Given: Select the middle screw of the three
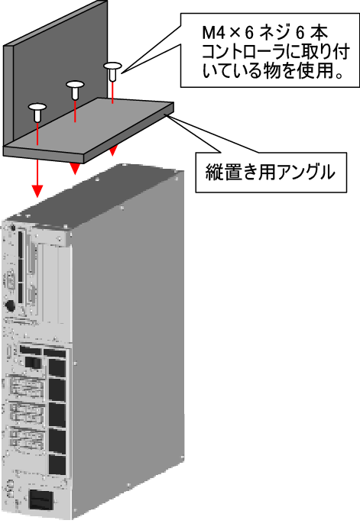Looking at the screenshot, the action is click(x=75, y=89).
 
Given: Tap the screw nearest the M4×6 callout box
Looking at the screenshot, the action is click(x=112, y=71).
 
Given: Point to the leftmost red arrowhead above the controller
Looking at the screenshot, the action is click(x=37, y=191).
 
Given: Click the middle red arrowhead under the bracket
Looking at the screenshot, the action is click(x=75, y=169).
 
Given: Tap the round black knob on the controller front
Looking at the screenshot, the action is click(x=10, y=305).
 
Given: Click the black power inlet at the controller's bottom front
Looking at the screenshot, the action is click(x=41, y=500).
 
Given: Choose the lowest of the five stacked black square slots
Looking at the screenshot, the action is click(x=57, y=464).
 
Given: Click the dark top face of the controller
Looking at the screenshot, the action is click(x=102, y=199).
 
